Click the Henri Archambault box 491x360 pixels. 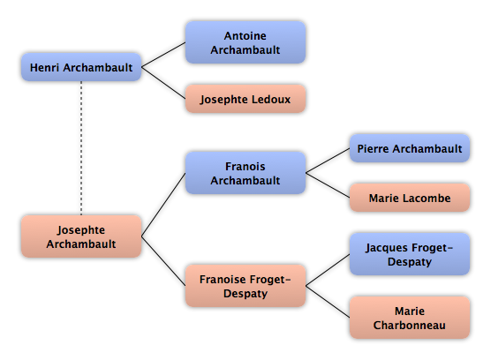point(81,67)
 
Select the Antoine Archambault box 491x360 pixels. point(245,42)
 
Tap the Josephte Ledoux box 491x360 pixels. point(245,99)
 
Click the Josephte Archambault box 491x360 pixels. point(81,236)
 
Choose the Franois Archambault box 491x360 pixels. point(245,173)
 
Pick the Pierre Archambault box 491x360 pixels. point(410,148)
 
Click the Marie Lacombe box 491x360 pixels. point(410,198)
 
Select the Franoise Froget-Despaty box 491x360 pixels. point(245,286)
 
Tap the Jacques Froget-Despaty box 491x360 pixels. point(410,254)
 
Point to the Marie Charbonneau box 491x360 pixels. point(410,318)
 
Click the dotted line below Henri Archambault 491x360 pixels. point(81,148)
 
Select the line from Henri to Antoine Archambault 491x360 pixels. point(163,55)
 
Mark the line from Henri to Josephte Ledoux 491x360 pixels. point(163,83)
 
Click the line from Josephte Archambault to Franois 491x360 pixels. point(163,205)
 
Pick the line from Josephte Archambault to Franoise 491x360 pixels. point(163,261)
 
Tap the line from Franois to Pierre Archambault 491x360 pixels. point(328,161)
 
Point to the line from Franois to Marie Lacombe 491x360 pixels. point(328,185)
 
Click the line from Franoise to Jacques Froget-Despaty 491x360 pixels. point(328,270)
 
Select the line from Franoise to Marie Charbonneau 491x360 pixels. point(328,302)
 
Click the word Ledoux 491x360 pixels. point(271,99)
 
